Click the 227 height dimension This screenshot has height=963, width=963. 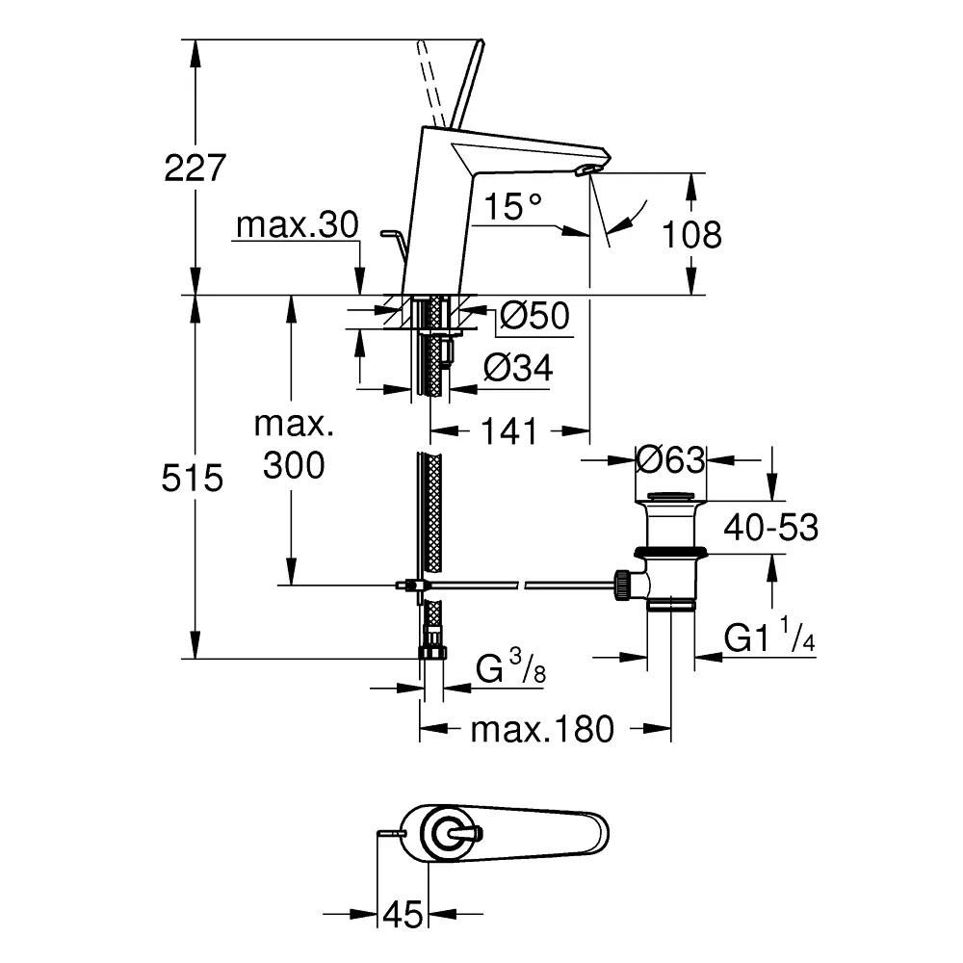coord(195,168)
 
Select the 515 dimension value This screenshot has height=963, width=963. coord(193,478)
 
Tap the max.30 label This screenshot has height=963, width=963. coord(298,224)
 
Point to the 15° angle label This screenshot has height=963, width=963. coord(513,206)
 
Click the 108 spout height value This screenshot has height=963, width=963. coord(691,234)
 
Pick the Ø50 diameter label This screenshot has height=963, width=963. coord(534,316)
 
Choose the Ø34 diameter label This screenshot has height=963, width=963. coord(518,369)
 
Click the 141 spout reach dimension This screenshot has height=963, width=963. coord(509,431)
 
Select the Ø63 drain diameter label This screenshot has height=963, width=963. coord(670,459)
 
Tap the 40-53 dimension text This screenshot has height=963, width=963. coord(770,528)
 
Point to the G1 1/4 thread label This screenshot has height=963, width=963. coord(769,635)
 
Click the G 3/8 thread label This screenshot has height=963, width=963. coord(511,667)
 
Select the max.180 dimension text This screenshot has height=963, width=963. coord(542,729)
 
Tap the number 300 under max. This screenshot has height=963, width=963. coord(294,465)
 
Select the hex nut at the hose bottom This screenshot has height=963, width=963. coord(433,652)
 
